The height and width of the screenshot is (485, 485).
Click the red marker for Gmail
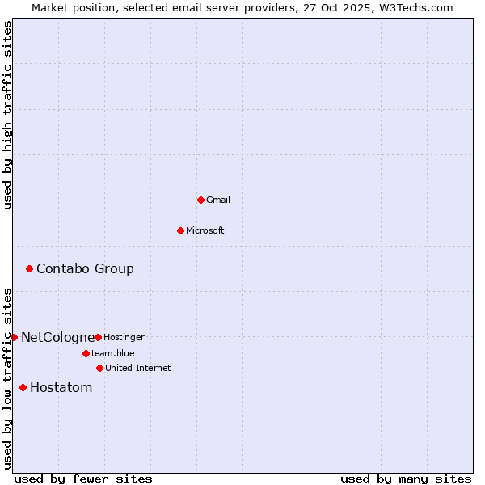[200, 200]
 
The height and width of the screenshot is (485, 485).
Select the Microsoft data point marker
[180, 230]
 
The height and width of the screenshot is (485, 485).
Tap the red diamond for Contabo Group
[29, 268]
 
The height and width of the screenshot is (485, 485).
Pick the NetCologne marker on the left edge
[14, 337]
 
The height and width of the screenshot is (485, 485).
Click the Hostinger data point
[98, 337]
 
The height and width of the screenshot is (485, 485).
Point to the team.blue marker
[86, 353]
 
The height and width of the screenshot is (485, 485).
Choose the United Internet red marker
[99, 368]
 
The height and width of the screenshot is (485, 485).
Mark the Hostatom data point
[23, 387]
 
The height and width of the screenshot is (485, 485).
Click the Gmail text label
[218, 200]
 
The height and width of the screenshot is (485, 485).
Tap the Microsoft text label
[205, 230]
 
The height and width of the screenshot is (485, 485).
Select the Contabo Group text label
[85, 268]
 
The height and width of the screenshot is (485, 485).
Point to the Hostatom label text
[61, 387]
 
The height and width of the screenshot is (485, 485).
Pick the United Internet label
[138, 368]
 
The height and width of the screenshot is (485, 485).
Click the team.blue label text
[113, 353]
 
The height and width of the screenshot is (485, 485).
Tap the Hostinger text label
[124, 337]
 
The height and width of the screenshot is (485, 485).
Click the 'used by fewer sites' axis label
[83, 479]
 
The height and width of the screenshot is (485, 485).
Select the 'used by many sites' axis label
[406, 479]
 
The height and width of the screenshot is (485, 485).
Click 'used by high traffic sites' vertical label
[7, 115]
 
